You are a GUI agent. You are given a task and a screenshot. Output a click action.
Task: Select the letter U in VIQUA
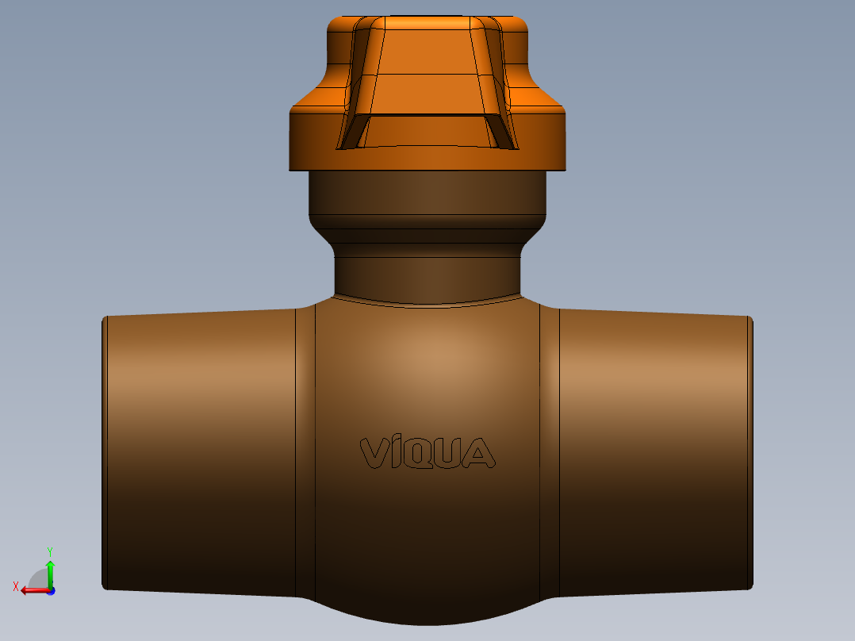pyautogui.click(x=450, y=453)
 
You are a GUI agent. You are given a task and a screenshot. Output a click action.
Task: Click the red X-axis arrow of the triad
pyautogui.click(x=32, y=589)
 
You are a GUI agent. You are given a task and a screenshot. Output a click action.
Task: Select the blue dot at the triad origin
pyautogui.click(x=50, y=590)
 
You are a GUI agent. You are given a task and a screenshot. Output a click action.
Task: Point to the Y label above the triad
pyautogui.click(x=49, y=551)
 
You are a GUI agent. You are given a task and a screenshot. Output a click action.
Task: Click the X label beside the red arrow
pyautogui.click(x=15, y=586)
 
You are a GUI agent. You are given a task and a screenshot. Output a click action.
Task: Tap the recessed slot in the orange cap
pyautogui.click(x=428, y=131)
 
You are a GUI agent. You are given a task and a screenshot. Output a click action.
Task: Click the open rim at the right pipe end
pyautogui.click(x=750, y=452)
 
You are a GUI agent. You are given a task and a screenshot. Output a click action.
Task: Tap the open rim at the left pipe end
pyautogui.click(x=105, y=452)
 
